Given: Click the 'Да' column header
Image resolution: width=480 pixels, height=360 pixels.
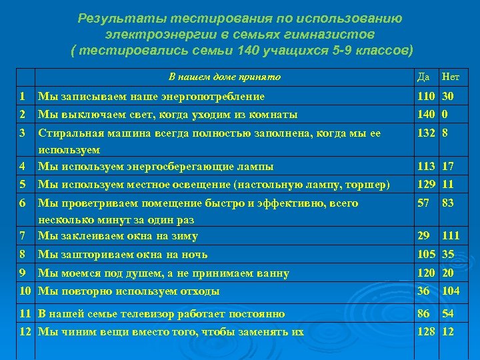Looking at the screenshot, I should click(x=422, y=77).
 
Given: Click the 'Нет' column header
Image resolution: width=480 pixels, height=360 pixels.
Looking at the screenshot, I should click(x=451, y=77).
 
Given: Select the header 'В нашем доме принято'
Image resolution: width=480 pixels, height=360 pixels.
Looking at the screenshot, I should click(x=225, y=77).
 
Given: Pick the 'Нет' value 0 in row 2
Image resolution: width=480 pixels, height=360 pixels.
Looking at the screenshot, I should click(x=445, y=114).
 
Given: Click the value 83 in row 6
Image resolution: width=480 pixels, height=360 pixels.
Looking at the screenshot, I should click(x=448, y=203).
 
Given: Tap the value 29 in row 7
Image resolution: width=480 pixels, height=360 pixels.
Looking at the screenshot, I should click(x=423, y=236).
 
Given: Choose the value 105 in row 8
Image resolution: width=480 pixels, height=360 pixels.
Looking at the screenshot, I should click(x=426, y=254).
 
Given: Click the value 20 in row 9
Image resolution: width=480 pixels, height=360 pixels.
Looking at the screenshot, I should click(x=448, y=273).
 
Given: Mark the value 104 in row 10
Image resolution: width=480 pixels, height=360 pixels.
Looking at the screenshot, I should click(x=451, y=291).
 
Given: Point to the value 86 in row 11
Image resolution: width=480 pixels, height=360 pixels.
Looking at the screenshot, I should click(x=423, y=313).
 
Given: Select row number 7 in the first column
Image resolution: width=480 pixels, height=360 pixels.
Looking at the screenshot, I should click(x=22, y=235).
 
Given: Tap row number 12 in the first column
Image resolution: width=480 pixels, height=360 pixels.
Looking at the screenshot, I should click(x=25, y=331).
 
